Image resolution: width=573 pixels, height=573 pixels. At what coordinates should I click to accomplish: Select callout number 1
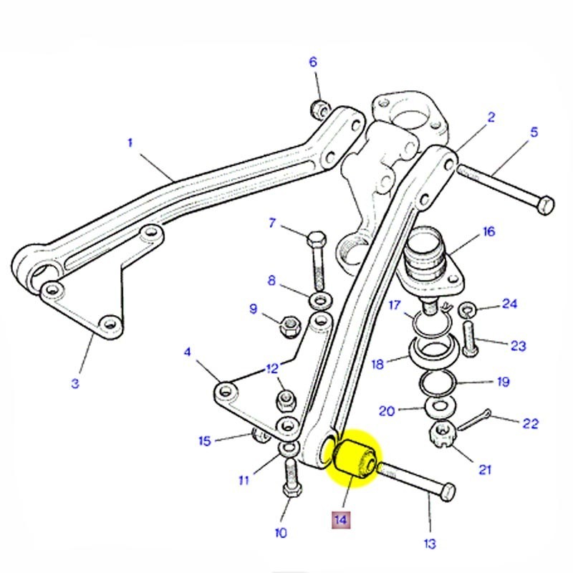130,143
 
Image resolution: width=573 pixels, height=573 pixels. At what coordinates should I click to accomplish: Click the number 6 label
312,62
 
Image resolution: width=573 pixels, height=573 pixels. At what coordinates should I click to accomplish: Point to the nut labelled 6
320,110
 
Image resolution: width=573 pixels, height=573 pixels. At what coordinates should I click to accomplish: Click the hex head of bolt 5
545,203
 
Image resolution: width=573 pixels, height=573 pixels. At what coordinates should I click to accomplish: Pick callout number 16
488,231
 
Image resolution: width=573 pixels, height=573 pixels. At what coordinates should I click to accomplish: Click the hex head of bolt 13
446,492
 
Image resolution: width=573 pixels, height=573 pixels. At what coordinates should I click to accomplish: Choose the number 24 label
509,304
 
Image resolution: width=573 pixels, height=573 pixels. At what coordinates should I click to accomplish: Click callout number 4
188,352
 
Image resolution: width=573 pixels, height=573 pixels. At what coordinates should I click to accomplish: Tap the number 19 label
503,382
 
